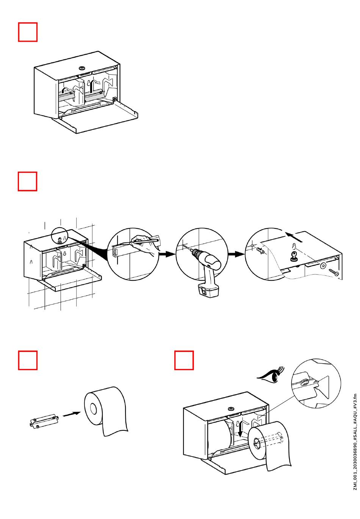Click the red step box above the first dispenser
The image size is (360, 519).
[x=28, y=32]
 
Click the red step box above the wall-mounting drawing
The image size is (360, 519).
[x=28, y=181]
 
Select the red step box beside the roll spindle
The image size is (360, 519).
[x=28, y=360]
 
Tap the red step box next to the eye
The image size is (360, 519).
[x=184, y=360]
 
